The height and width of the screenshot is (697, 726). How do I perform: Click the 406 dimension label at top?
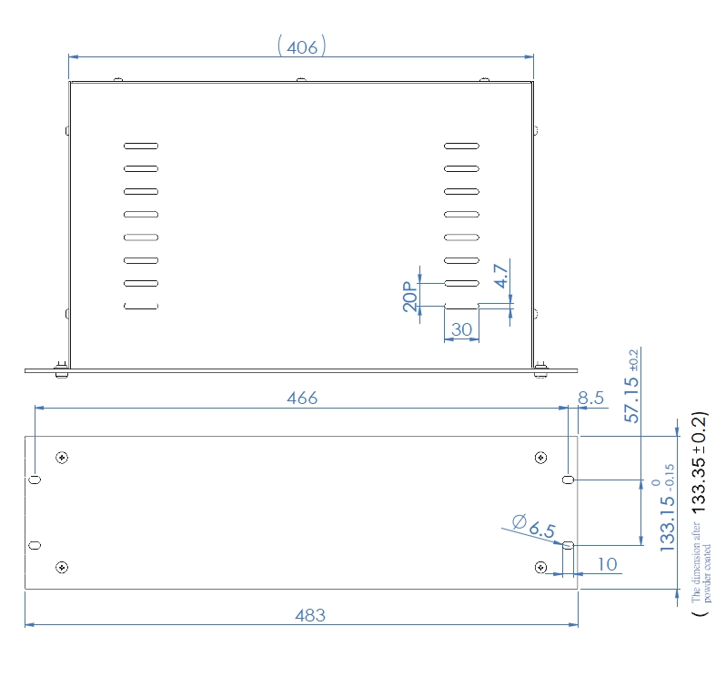coord(302,46)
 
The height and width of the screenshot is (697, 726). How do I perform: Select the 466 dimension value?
coord(302,399)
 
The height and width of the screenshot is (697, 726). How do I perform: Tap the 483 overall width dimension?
coord(309,615)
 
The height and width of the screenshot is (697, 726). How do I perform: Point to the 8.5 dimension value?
coord(591,399)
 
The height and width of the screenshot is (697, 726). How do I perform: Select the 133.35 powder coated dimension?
coord(699,463)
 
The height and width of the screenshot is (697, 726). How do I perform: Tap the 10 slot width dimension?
coord(607,565)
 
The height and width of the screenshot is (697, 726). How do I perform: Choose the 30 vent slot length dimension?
coord(462,329)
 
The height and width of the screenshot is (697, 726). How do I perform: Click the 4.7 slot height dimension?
coord(501,277)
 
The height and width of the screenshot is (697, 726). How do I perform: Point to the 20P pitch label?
coord(410,298)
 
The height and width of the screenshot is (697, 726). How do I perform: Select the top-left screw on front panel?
coord(61,457)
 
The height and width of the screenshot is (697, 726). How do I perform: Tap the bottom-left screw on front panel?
coord(61,568)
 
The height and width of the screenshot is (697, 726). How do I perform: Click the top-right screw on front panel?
coord(541,457)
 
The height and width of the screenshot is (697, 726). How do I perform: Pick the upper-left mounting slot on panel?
coord(35,479)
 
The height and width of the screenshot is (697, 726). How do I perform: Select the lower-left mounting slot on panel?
coord(35,545)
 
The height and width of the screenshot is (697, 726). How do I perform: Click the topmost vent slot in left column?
coord(141,146)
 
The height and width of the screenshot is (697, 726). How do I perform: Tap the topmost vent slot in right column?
coord(461,146)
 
